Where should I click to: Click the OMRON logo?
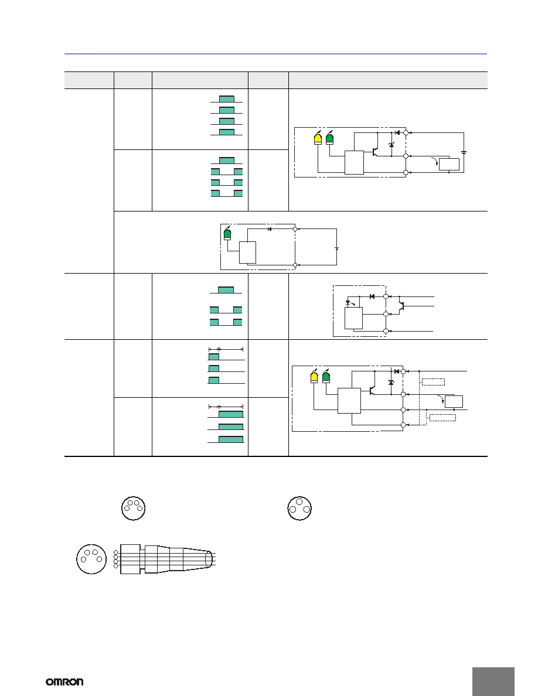coord(64,681)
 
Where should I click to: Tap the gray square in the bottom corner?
coord(493,681)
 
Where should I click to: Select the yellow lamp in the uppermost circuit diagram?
coord(318,138)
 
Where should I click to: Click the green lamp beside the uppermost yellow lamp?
coord(329,138)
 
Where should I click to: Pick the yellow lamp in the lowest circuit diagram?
coord(314,376)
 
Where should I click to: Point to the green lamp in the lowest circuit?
coord(326,376)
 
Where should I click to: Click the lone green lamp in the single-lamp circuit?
coord(228,234)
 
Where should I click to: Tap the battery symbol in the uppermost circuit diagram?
coord(464,152)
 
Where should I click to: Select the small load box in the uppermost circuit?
coord(449,164)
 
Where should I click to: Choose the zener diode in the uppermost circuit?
coord(391,145)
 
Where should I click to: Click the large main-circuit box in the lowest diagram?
coord(349,401)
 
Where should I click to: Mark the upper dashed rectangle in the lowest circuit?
coord(433,382)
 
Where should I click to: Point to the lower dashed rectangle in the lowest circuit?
coord(442,417)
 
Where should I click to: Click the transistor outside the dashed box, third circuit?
coord(402,306)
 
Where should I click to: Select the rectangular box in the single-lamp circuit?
coord(247,253)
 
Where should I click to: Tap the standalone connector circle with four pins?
coord(134,509)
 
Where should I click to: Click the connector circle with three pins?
coord(299,509)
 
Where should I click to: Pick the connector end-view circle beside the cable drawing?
coord(91,559)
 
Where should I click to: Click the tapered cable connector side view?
coord(167,559)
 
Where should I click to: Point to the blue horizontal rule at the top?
coord(275,54)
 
